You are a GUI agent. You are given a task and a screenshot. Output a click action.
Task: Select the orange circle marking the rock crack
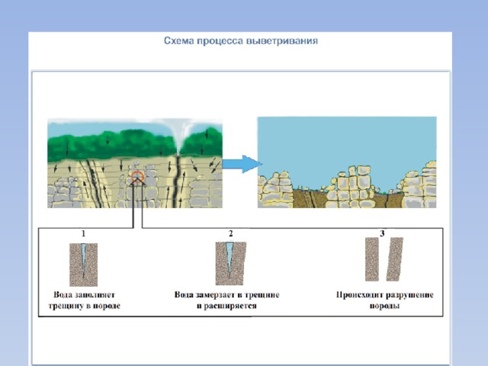(137, 177)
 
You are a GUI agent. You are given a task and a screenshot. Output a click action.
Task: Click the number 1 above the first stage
(83, 233)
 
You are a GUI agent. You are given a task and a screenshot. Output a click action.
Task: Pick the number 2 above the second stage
(230, 233)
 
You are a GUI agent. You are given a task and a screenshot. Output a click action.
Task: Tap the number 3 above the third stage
(383, 233)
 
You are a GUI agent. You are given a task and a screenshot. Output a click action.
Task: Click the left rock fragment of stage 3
(372, 259)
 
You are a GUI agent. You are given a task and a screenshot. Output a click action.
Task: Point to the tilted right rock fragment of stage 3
(395, 259)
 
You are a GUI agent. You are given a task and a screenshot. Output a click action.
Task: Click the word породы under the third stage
(384, 306)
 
